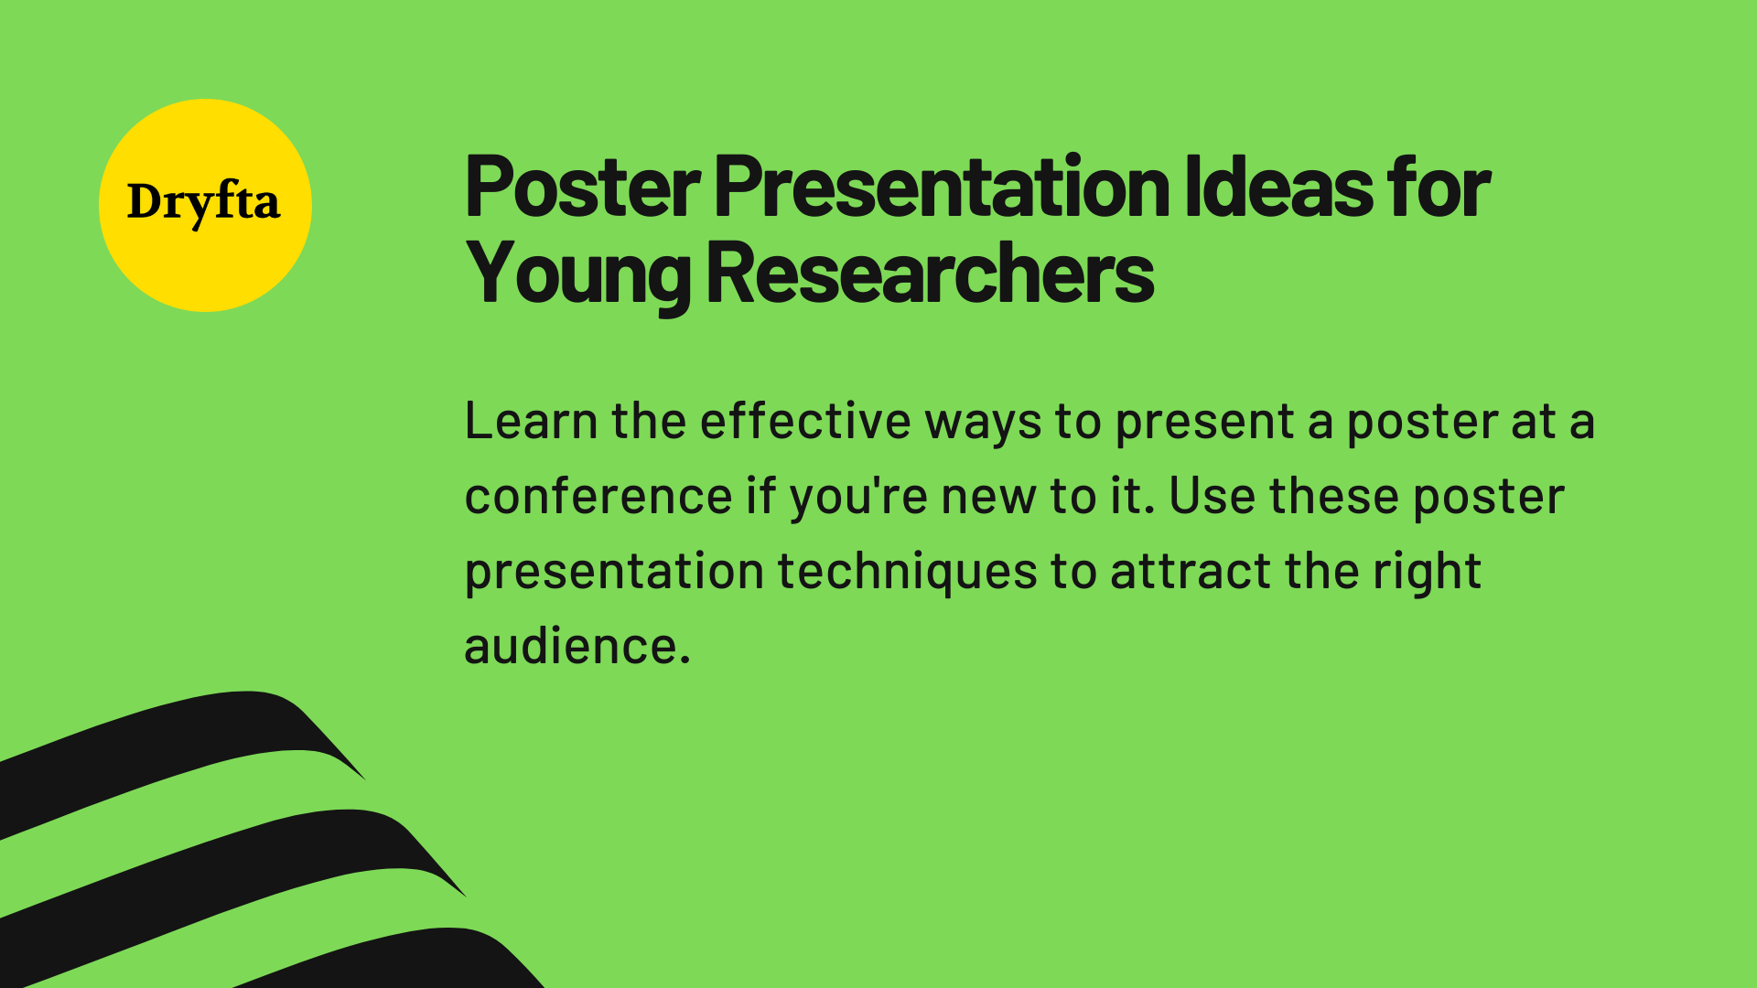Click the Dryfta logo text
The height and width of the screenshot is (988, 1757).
click(x=203, y=202)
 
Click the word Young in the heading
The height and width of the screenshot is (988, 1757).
click(x=577, y=274)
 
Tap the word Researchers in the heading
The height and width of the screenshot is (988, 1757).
click(x=929, y=274)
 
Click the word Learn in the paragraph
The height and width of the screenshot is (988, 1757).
click(x=531, y=422)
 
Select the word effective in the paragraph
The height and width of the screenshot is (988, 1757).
click(x=805, y=422)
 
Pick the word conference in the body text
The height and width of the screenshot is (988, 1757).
click(x=598, y=497)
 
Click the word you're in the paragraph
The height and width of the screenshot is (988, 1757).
click(x=858, y=497)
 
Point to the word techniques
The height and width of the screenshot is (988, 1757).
click(x=907, y=572)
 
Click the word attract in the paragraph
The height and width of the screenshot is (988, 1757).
click(x=1191, y=572)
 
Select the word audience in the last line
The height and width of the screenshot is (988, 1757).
click(x=571, y=647)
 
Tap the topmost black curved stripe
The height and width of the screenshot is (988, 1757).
click(x=183, y=741)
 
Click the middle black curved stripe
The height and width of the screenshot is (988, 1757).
click(x=229, y=860)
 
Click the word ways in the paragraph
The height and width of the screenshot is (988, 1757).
click(x=983, y=424)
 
